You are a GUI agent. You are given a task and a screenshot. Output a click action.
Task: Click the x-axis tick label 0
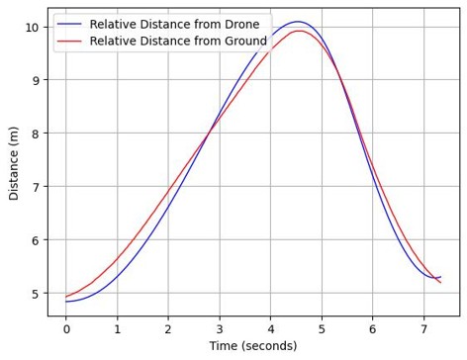coord(66,329)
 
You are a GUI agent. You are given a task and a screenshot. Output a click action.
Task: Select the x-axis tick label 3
coord(220,329)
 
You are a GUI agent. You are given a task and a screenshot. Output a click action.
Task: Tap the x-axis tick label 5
coord(322,329)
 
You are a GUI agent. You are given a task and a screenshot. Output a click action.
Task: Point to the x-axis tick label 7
coord(423,329)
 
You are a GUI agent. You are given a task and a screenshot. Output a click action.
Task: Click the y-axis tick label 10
coord(32,27)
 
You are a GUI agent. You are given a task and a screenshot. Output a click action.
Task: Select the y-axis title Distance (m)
coord(14,162)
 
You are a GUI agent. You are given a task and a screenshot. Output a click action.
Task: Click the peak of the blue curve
coord(297,22)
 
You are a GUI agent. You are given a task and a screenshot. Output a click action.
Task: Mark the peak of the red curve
coord(298,31)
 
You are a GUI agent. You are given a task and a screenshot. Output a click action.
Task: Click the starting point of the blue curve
coord(66,302)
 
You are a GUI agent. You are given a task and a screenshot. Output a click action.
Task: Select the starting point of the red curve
coord(66,296)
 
